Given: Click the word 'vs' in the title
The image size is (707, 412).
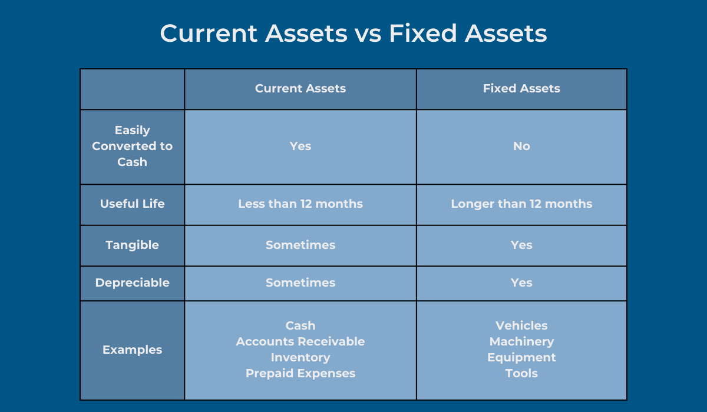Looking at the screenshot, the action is [368, 34].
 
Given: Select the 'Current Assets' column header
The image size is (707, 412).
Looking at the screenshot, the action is [300, 88].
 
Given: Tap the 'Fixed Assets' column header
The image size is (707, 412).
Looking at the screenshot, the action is [521, 88].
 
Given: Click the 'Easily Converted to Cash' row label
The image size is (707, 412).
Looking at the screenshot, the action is [132, 146].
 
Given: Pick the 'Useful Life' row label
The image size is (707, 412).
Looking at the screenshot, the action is [132, 204].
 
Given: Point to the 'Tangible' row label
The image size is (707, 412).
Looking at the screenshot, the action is [132, 245].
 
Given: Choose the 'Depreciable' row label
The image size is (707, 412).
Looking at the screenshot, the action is [132, 283].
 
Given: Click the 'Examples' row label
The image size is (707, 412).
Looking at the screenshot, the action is [132, 350].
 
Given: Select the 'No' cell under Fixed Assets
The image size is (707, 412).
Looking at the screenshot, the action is [521, 147].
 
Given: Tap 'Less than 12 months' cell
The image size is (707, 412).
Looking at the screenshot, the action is [300, 204].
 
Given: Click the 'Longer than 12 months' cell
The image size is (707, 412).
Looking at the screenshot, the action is [521, 204].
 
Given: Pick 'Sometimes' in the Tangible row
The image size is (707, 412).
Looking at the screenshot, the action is [300, 245].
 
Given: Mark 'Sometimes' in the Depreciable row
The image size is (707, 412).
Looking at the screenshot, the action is [300, 283].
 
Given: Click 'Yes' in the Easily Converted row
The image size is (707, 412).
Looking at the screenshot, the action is [300, 147].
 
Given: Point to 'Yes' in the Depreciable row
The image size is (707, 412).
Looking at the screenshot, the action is [521, 283].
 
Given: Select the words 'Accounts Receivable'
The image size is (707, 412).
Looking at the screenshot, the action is [300, 342].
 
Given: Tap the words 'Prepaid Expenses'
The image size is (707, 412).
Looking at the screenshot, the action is [300, 374].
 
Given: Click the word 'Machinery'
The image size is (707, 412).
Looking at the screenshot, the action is [521, 342].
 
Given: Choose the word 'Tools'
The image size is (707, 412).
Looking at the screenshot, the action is [521, 374].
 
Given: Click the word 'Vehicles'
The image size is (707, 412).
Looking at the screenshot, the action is [521, 325].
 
